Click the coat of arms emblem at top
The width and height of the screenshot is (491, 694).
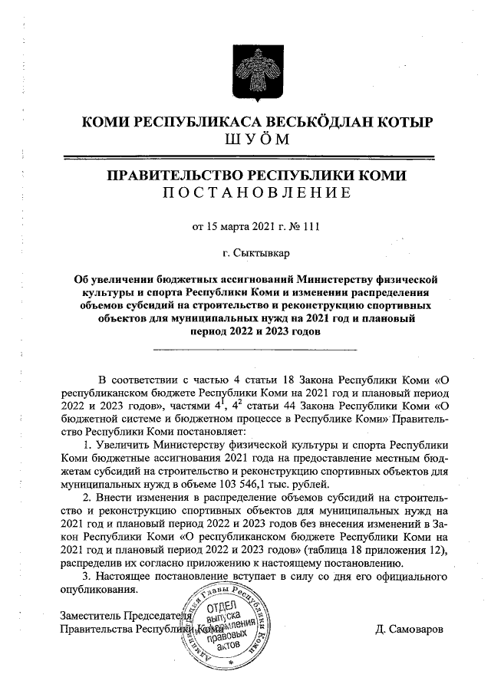pyautogui.click(x=245, y=72)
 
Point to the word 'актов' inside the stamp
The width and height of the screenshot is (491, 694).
pyautogui.click(x=229, y=646)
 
